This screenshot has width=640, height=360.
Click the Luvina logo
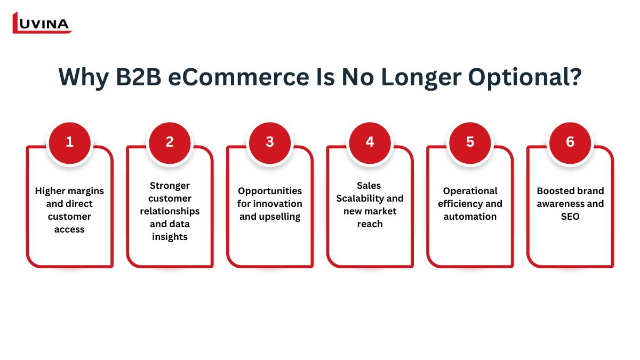42,23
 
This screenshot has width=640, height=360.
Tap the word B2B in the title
139,77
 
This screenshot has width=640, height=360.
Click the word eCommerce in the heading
238,77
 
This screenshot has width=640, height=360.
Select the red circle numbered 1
70,143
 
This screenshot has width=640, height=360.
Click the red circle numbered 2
170,143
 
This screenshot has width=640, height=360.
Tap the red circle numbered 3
270,143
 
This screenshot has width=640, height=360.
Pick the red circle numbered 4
370,143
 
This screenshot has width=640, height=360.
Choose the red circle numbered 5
470,143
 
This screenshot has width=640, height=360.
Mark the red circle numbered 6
570,143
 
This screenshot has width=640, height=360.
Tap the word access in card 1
69,229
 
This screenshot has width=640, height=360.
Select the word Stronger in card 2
170,186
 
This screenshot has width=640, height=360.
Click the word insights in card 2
170,237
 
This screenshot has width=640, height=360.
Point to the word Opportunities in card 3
270,191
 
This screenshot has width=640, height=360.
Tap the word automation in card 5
470,217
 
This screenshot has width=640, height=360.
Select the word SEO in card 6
570,217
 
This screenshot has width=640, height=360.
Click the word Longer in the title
421,78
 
